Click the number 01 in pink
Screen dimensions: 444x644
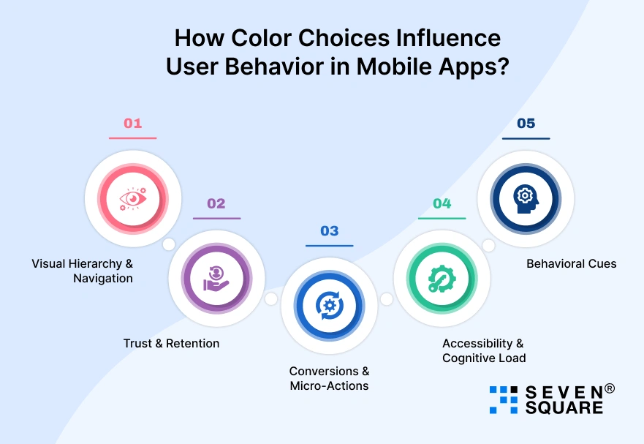pyautogui.click(x=132, y=123)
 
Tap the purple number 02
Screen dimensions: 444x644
pyautogui.click(x=216, y=203)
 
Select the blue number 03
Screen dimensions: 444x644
pyautogui.click(x=329, y=230)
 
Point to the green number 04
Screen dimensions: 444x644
pyautogui.click(x=442, y=203)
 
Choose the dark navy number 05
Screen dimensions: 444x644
pyautogui.click(x=526, y=123)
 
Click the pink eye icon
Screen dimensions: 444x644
pyautogui.click(x=133, y=199)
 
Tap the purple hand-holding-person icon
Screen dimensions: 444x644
pyautogui.click(x=216, y=279)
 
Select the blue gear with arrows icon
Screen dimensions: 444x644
pyautogui.click(x=329, y=306)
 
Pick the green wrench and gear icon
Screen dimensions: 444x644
pyautogui.click(x=442, y=279)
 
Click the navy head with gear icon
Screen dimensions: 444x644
pyautogui.click(x=525, y=199)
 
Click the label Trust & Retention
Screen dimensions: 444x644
pyautogui.click(x=171, y=343)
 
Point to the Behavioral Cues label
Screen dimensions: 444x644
pyautogui.click(x=571, y=263)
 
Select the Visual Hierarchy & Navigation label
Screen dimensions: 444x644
pyautogui.click(x=83, y=271)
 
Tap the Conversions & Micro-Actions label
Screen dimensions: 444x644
pyautogui.click(x=329, y=378)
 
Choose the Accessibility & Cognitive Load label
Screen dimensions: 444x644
pyautogui.click(x=483, y=350)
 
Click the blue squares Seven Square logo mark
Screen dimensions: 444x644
pyautogui.click(x=503, y=399)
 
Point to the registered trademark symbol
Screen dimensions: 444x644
pyautogui.click(x=610, y=388)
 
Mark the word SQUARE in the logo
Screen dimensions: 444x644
pyautogui.click(x=564, y=407)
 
